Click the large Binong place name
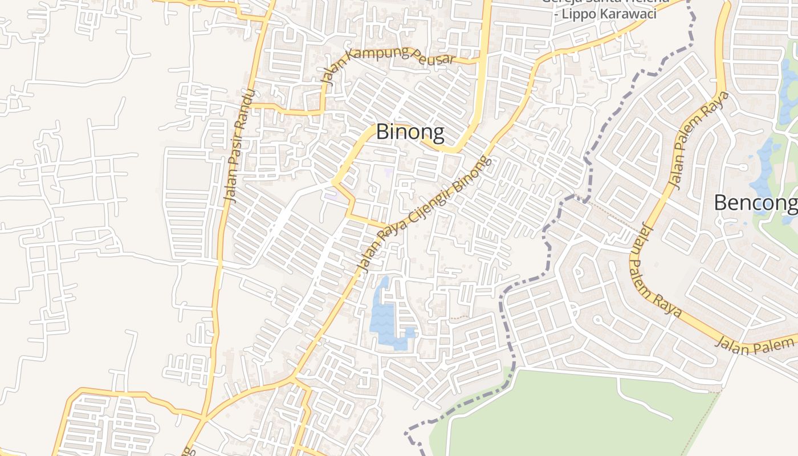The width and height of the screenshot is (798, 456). coord(410,132)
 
